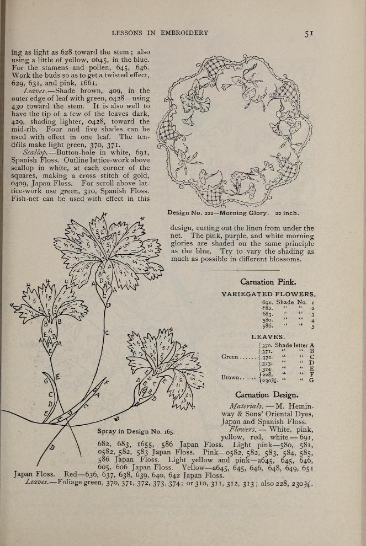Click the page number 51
309,33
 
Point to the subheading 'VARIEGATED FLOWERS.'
268,294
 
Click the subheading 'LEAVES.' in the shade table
268,336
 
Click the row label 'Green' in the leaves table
229,356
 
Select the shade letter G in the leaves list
312,381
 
